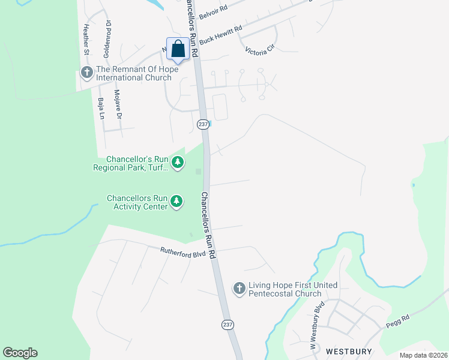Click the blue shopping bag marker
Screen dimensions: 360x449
(x=178, y=49)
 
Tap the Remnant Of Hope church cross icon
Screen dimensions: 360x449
(x=86, y=73)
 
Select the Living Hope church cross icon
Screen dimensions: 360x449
(x=239, y=289)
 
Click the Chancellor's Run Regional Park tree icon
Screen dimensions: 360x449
(x=177, y=163)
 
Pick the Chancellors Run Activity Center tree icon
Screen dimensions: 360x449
(x=176, y=202)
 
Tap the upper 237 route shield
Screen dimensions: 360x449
(x=202, y=124)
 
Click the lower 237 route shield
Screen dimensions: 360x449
(x=228, y=325)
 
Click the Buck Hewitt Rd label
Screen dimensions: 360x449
(x=220, y=35)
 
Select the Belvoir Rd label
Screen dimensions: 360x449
(x=214, y=11)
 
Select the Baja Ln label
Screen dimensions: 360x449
(x=100, y=107)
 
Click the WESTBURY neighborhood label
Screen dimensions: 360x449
(x=349, y=350)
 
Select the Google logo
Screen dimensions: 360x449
(x=20, y=353)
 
